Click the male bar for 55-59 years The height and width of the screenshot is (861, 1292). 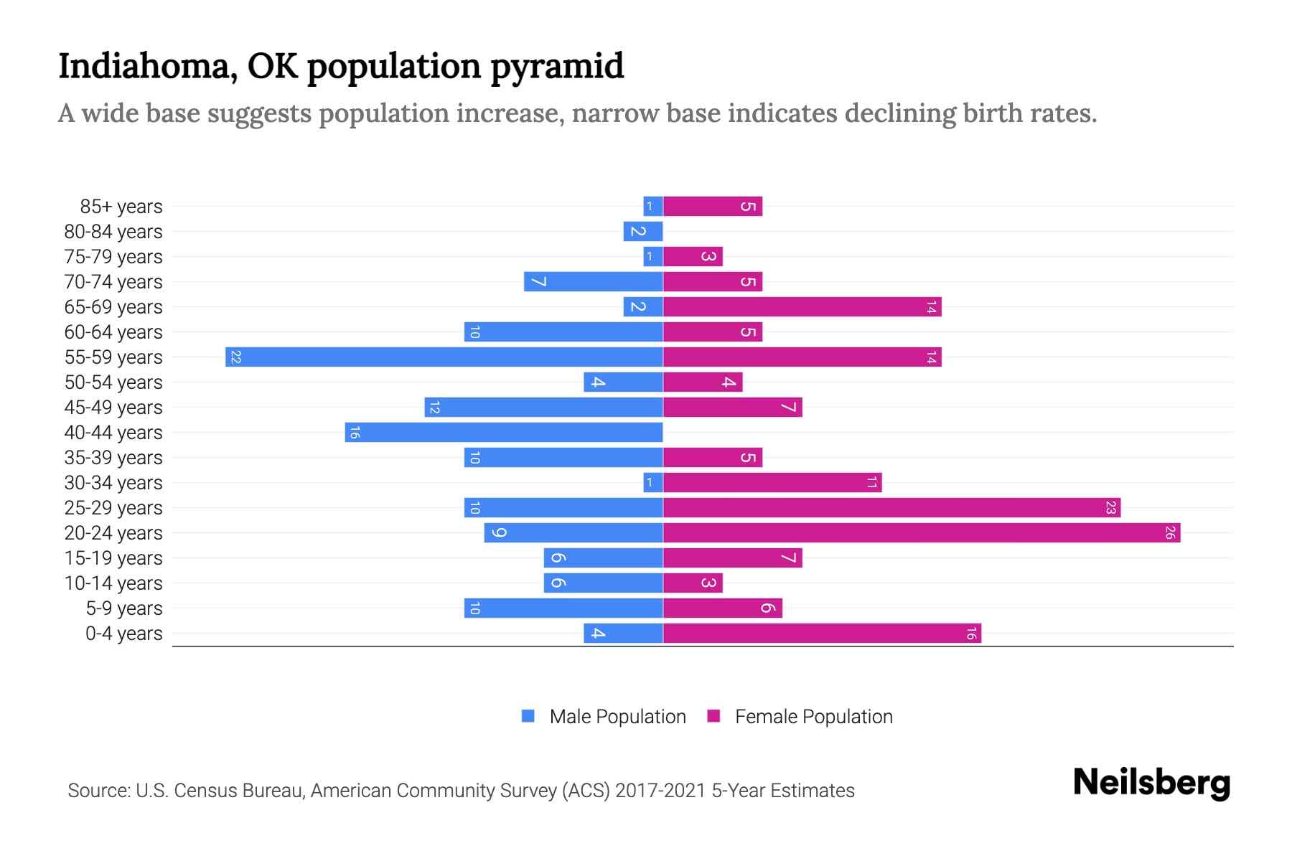(x=444, y=357)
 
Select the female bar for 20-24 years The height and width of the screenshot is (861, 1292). (x=921, y=532)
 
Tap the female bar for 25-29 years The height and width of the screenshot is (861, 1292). (x=891, y=507)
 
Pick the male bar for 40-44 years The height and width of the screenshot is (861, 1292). (x=503, y=432)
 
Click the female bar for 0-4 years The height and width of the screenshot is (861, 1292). (x=822, y=633)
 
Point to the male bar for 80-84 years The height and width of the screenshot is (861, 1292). (x=643, y=231)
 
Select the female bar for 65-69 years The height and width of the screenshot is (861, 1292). (x=802, y=306)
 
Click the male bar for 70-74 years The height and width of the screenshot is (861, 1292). (x=593, y=281)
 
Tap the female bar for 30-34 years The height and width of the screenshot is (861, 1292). (x=772, y=482)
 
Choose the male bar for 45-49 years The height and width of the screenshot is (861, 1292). (x=543, y=407)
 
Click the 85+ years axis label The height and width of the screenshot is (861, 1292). (x=121, y=207)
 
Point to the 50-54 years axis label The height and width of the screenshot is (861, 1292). (x=113, y=382)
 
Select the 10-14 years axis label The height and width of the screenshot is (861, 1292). (x=113, y=583)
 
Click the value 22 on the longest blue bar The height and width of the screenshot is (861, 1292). (x=235, y=357)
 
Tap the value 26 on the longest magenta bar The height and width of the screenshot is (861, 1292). (x=1170, y=532)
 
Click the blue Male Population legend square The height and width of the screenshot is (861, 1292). (x=528, y=716)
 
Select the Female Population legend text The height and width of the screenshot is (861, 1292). (x=813, y=717)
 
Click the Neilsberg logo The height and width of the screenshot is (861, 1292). (x=1151, y=783)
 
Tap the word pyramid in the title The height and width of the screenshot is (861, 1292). (x=557, y=67)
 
